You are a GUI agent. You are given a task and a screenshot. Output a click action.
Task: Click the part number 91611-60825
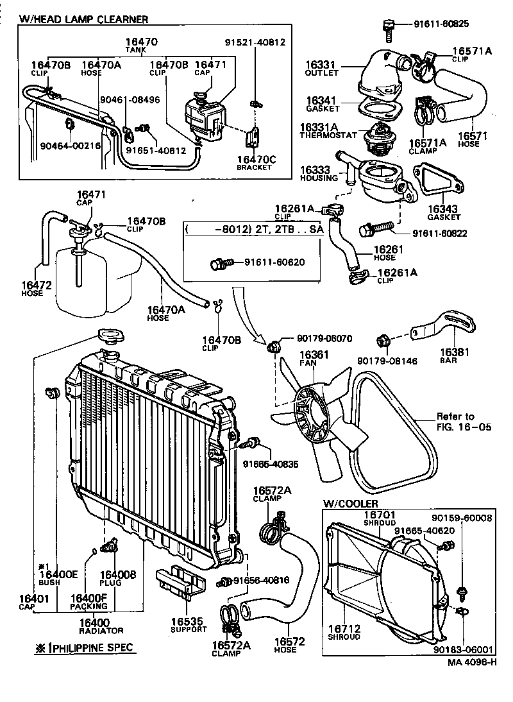click(x=441, y=24)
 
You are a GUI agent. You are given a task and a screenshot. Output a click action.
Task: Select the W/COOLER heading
click(x=350, y=504)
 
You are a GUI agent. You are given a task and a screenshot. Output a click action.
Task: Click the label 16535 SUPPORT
click(x=187, y=625)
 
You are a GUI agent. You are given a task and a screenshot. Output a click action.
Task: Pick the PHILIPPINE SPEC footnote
click(x=85, y=647)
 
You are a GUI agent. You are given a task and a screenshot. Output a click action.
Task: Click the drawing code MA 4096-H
click(x=472, y=662)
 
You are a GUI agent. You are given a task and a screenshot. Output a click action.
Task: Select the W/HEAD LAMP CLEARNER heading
click(x=84, y=20)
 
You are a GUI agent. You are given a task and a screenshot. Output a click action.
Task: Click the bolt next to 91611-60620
click(x=218, y=262)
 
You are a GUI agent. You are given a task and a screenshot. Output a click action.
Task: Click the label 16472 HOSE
click(x=31, y=288)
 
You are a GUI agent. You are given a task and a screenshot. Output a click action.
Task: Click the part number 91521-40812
click(x=255, y=43)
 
